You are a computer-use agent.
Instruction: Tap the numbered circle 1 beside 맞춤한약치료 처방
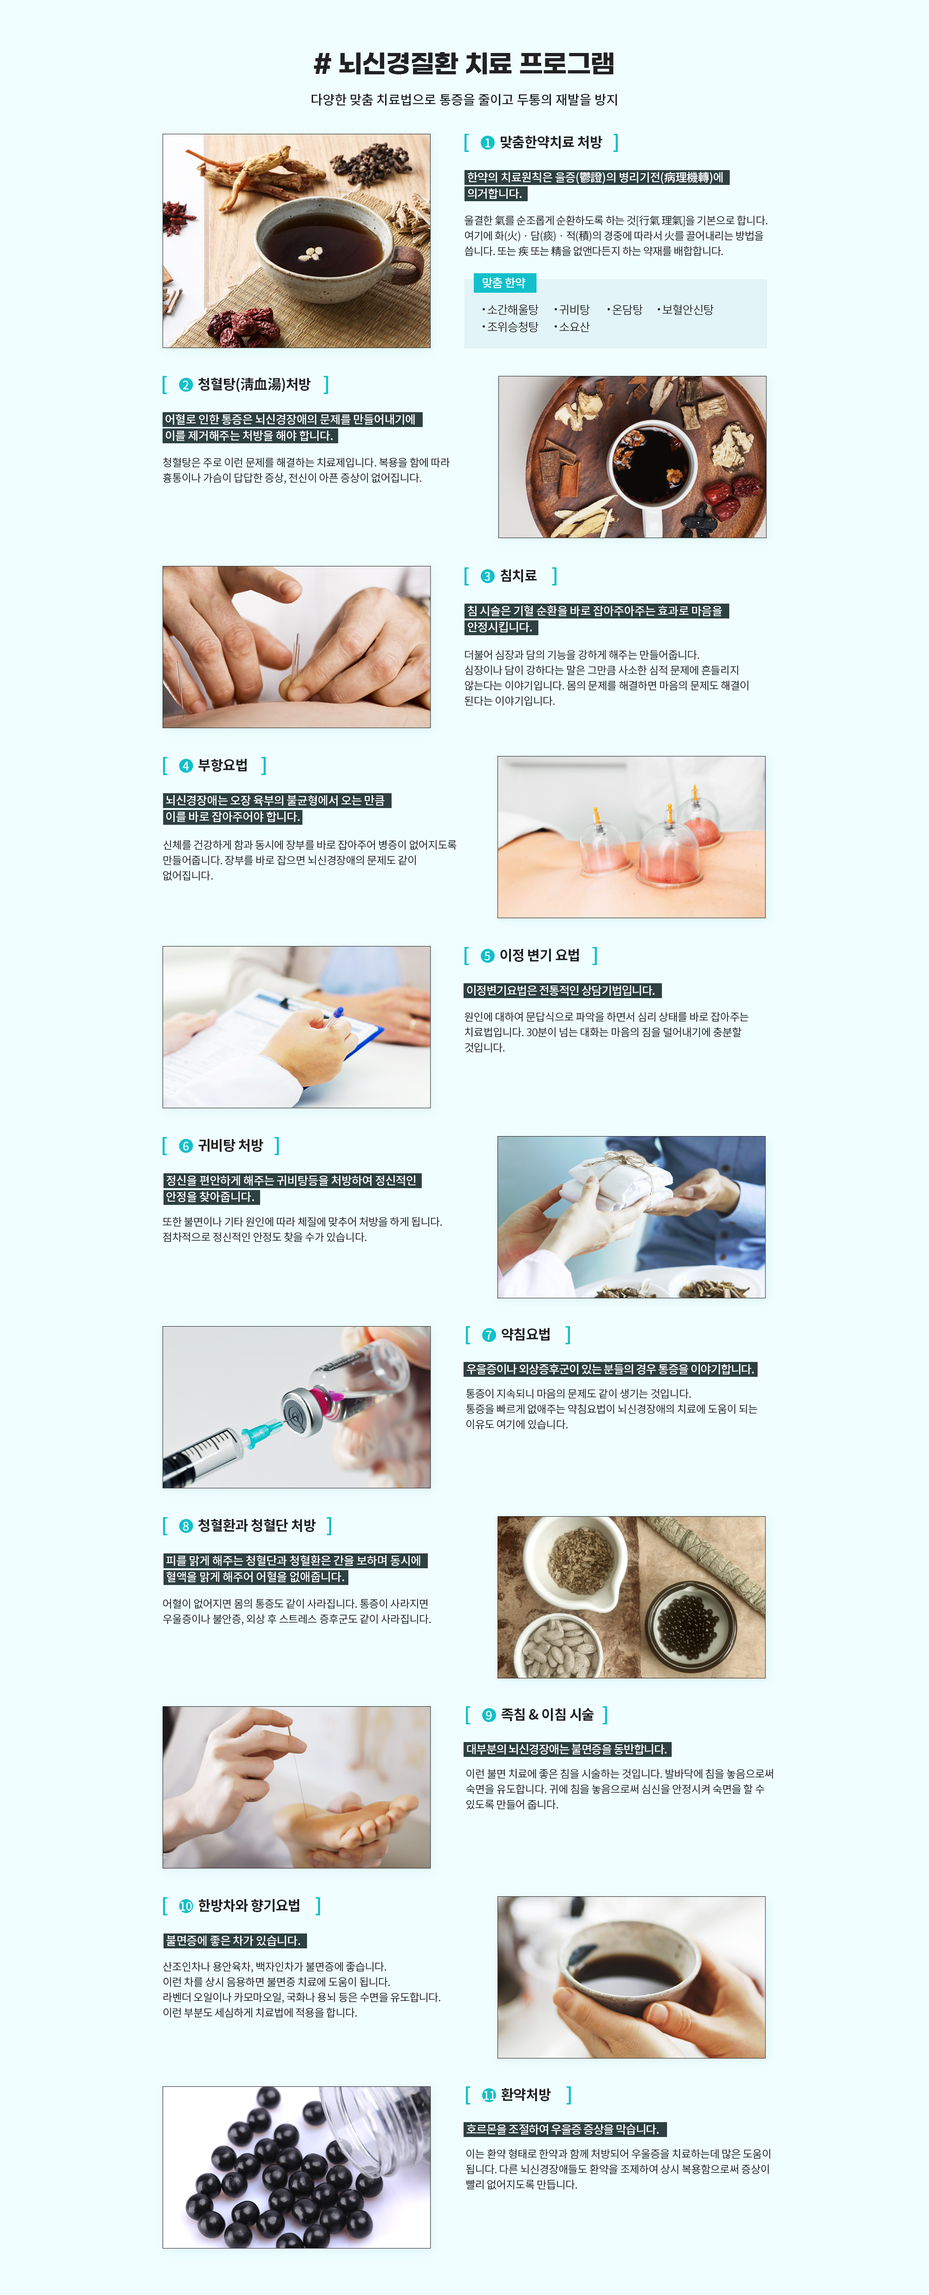pos(487,143)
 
